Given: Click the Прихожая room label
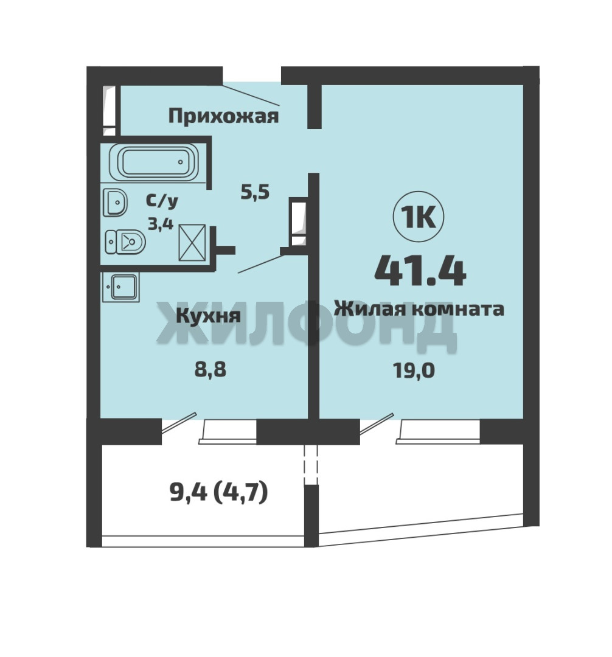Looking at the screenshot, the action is point(223,116).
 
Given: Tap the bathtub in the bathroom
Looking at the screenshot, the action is point(154,162).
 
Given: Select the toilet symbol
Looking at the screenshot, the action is point(125,242).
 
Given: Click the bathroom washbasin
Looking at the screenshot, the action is point(115,203).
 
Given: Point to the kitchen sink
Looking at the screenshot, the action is point(120,287).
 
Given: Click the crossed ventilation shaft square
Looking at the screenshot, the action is point(192,243).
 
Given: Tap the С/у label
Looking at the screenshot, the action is point(162,201).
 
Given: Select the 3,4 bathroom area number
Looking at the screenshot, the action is point(161,224).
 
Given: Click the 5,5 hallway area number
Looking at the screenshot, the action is point(255,192).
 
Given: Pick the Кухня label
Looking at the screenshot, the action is point(208,316).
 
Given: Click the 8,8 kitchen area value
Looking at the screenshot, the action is point(210,370).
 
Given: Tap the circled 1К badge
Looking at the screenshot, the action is point(419,217).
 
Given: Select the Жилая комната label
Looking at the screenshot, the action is point(419,309).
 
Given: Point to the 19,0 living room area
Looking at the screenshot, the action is point(414,370).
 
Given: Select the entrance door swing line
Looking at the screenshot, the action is point(251,94).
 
